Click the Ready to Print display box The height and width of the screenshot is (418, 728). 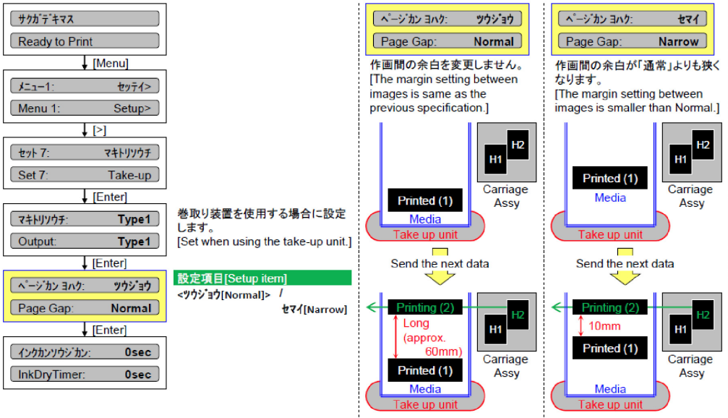pyautogui.click(x=85, y=41)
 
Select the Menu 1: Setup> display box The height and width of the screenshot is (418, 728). pyautogui.click(x=85, y=108)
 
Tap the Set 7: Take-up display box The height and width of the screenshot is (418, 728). pyautogui.click(x=85, y=175)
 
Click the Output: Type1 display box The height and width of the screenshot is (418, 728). pyautogui.click(x=85, y=242)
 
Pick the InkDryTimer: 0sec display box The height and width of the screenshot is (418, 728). pyautogui.click(x=85, y=375)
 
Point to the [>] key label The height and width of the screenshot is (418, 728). pyautogui.click(x=99, y=130)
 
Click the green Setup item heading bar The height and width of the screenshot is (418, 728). pyautogui.click(x=262, y=278)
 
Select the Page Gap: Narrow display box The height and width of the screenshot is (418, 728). pyautogui.click(x=632, y=41)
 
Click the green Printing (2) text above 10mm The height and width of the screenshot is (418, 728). pyautogui.click(x=611, y=307)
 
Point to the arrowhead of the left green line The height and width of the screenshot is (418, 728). pyautogui.click(x=369, y=307)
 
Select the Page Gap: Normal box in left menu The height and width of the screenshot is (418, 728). pyautogui.click(x=85, y=308)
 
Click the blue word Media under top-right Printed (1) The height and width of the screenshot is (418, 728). pyautogui.click(x=610, y=197)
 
